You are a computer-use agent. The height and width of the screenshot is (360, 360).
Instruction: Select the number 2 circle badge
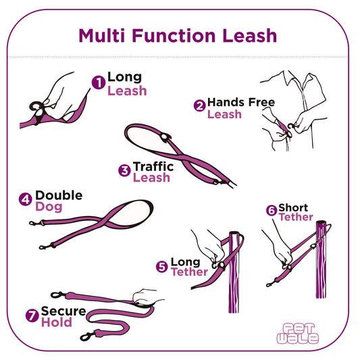click(199, 105)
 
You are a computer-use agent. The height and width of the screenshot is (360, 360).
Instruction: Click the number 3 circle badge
click(124, 170)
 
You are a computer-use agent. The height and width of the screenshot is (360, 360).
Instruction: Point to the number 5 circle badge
click(161, 267)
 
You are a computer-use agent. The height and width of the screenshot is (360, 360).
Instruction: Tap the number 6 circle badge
click(271, 211)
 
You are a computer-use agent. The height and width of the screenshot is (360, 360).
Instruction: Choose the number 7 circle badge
click(32, 315)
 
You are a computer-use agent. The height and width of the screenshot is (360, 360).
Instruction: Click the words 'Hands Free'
click(241, 102)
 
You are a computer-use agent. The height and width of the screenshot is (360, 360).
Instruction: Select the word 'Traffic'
click(153, 165)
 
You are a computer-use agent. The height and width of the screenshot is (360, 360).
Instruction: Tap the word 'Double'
click(59, 195)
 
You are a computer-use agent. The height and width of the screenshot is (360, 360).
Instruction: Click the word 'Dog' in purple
click(49, 207)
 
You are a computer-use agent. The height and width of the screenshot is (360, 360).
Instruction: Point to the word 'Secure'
click(63, 311)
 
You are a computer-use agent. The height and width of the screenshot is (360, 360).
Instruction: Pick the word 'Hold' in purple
click(57, 323)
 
